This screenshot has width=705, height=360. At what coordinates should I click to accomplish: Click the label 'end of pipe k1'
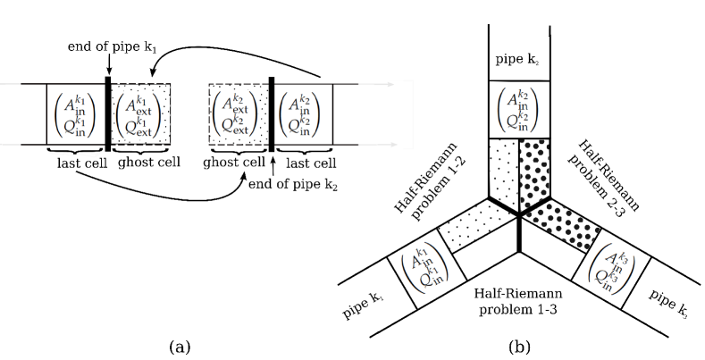[112, 46]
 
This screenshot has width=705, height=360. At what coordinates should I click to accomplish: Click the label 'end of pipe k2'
[293, 184]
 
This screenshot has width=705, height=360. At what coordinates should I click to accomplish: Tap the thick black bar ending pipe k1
[108, 114]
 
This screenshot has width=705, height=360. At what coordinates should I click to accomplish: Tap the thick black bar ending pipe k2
[272, 114]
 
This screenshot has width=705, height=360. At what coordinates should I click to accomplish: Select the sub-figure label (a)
[180, 347]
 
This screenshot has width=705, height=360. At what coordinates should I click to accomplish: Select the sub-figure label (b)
[519, 347]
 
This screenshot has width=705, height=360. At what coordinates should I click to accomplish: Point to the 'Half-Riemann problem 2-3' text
[602, 179]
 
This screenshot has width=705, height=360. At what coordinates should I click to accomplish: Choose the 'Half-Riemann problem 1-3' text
[518, 302]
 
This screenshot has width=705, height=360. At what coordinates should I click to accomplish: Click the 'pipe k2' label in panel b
[518, 59]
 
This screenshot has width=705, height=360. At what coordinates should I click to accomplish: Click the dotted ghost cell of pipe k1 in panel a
[140, 114]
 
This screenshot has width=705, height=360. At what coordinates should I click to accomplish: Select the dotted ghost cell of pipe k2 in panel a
[239, 114]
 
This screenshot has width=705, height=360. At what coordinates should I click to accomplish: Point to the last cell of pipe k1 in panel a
[76, 114]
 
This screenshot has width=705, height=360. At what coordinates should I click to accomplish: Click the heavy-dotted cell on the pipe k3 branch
[563, 222]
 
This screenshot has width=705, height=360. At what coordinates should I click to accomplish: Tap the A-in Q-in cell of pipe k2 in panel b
[519, 109]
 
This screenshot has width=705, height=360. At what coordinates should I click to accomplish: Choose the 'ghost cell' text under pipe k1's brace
[149, 162]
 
